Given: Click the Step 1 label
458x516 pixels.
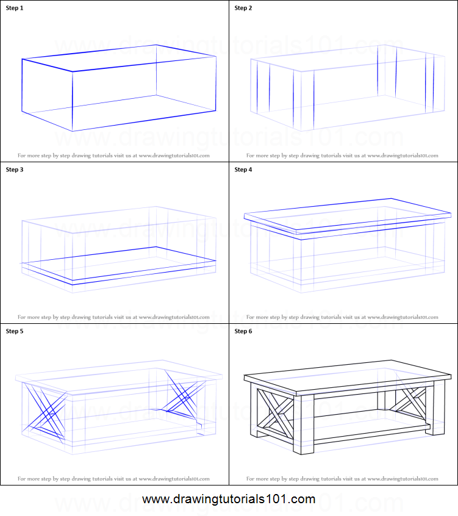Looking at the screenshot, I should pos(16,8).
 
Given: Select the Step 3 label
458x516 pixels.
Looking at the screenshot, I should pos(16,170).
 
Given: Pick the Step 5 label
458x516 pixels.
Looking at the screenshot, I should pos(16,331).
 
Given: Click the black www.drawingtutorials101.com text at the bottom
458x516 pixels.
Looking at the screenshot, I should pos(229,500).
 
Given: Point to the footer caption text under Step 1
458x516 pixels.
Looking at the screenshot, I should pos(113,156).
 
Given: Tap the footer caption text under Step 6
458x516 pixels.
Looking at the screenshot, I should pos(342,479).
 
